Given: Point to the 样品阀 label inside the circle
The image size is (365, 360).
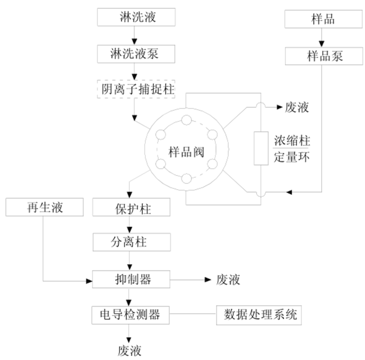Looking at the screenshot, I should (186, 152).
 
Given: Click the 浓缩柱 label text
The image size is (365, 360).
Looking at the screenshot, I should (292, 141).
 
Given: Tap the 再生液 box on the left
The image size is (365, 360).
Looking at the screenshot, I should (44, 208).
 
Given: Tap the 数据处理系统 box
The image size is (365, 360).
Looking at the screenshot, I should (260, 314).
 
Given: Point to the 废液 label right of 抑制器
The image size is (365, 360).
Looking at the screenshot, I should (228, 280).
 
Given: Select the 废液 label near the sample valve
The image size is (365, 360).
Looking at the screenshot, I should (297, 107).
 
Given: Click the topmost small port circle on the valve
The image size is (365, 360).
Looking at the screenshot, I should (186, 121).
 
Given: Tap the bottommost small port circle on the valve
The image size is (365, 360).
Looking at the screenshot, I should (186, 180).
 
